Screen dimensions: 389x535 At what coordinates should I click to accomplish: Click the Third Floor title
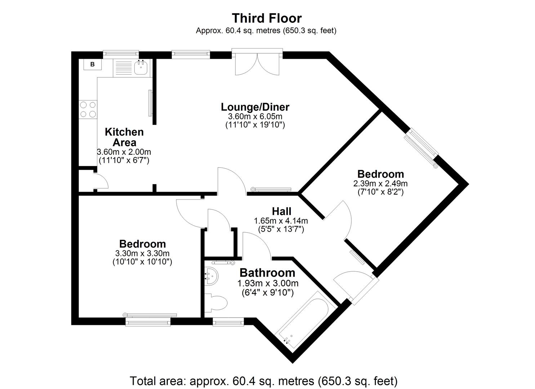(267, 18)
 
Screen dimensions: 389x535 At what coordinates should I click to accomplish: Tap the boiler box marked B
(93, 64)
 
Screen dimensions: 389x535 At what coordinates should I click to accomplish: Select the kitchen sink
(141, 67)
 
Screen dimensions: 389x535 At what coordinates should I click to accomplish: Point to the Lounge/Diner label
(255, 107)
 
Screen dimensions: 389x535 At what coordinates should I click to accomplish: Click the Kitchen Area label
(124, 137)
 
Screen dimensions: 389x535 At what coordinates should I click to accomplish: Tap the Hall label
(281, 211)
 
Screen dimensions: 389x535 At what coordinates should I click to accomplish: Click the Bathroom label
(267, 273)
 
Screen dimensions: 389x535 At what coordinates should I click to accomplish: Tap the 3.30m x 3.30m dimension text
(142, 253)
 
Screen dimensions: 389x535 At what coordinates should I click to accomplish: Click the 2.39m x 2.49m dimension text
(380, 183)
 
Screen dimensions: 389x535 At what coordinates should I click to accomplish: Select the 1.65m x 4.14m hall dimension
(281, 220)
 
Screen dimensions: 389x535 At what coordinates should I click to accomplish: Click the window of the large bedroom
(148, 322)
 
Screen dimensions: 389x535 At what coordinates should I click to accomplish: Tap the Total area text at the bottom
(263, 381)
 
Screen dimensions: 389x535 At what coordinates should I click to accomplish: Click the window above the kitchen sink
(121, 54)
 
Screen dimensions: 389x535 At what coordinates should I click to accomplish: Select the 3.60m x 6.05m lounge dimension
(255, 117)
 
